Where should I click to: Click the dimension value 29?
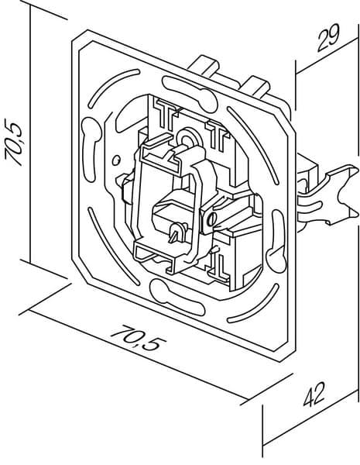pyautogui.click(x=328, y=38)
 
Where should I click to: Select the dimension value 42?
pyautogui.click(x=314, y=394)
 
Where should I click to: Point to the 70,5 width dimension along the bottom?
pyautogui.click(x=138, y=338)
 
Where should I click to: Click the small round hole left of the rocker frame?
pyautogui.click(x=116, y=160)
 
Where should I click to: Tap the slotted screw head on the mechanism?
pyautogui.click(x=211, y=220)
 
